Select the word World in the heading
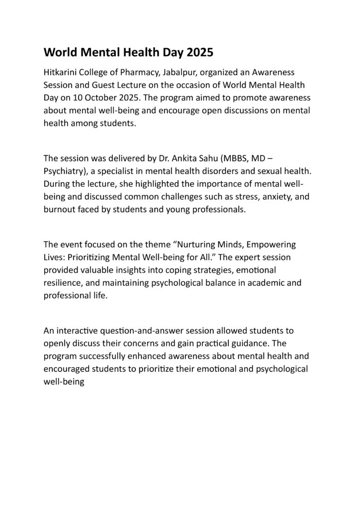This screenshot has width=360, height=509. (x=59, y=51)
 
